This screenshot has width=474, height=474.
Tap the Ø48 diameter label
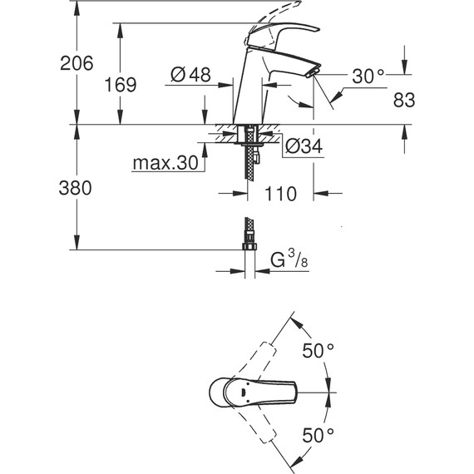(x=190, y=75)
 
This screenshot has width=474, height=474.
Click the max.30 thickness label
(x=167, y=164)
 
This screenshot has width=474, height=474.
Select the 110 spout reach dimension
(x=282, y=195)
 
